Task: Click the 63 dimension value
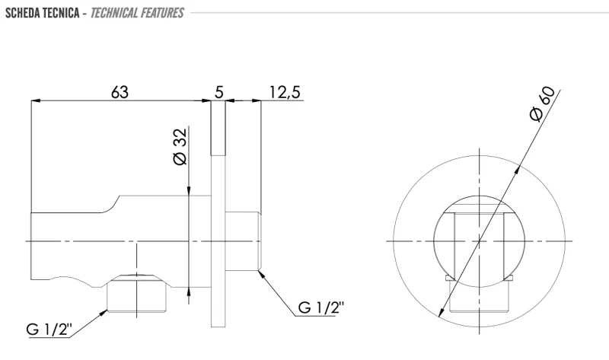point(120,92)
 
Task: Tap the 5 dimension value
point(219,92)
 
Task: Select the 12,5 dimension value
point(285,92)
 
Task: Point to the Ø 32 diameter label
point(180,147)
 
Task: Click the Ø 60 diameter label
point(542,104)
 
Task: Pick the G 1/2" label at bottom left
point(49,330)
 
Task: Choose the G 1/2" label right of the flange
point(321,307)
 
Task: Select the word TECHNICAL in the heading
point(113,13)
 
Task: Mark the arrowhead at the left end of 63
point(36,101)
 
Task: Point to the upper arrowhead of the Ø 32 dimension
point(189,191)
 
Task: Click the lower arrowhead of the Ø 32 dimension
point(189,292)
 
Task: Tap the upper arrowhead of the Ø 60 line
point(518,171)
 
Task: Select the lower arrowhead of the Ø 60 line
point(442,312)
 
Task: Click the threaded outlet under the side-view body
point(137,293)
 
